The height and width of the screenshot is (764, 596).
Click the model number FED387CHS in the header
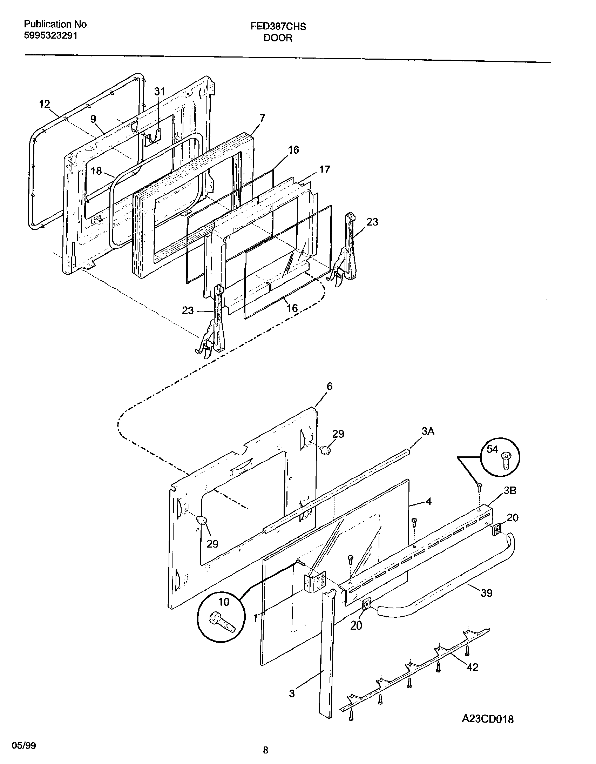coord(278,27)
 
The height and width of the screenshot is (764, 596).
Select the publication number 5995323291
coord(50,35)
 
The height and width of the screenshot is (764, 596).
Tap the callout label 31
coord(160,92)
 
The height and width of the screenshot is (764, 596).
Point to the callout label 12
coord(45,104)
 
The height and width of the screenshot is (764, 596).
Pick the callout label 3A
coord(428,431)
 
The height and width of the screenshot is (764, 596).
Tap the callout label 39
coord(487,593)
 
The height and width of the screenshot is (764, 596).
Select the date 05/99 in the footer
coord(24,743)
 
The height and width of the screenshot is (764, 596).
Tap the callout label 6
coord(329,386)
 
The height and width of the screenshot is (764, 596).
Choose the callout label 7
coord(262,118)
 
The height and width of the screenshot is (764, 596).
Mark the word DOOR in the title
coord(278,38)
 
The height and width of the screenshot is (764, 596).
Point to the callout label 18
coord(96,171)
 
